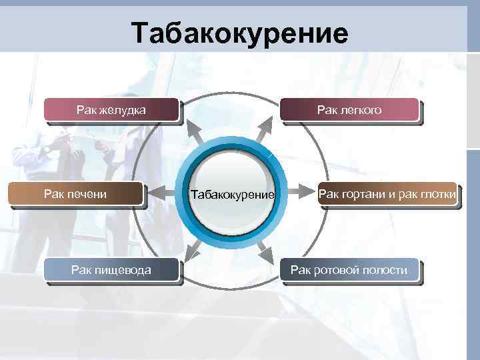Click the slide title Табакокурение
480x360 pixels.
pyautogui.click(x=239, y=33)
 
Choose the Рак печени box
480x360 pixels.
pyautogui.click(x=76, y=194)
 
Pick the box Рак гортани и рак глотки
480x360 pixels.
pyautogui.click(x=387, y=194)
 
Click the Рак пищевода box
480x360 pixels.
pyautogui.click(x=111, y=270)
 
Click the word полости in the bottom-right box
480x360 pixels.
pyautogui.click(x=383, y=270)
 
